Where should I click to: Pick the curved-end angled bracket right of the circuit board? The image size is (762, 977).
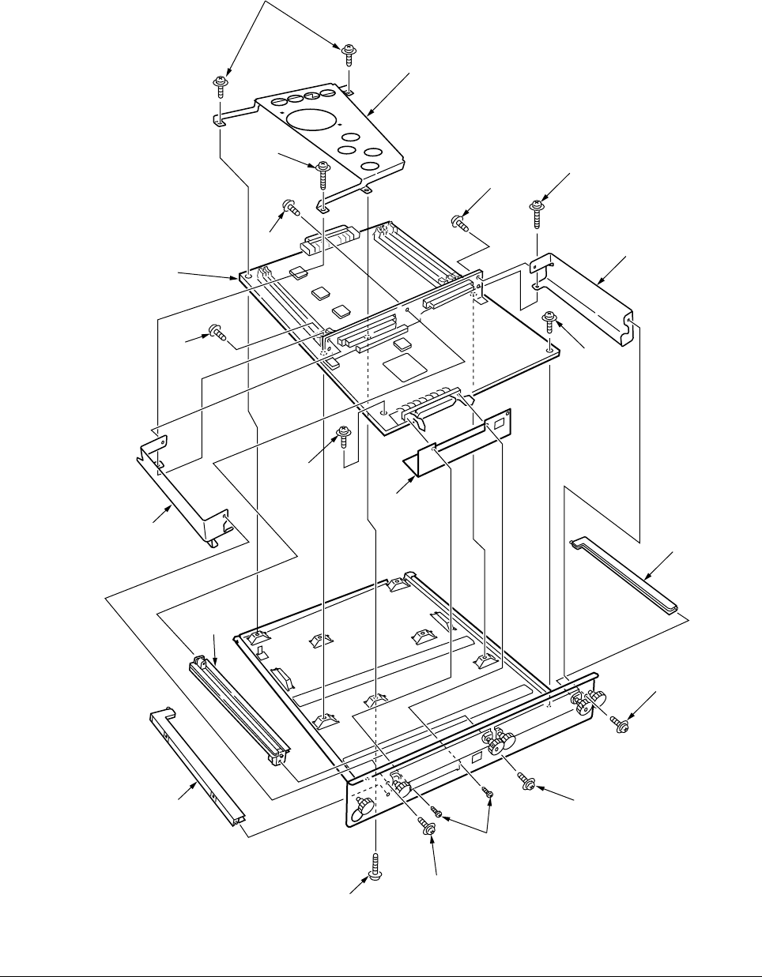(585, 296)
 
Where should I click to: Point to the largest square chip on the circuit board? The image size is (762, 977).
(400, 366)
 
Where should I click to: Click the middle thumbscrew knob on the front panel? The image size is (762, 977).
(500, 742)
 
